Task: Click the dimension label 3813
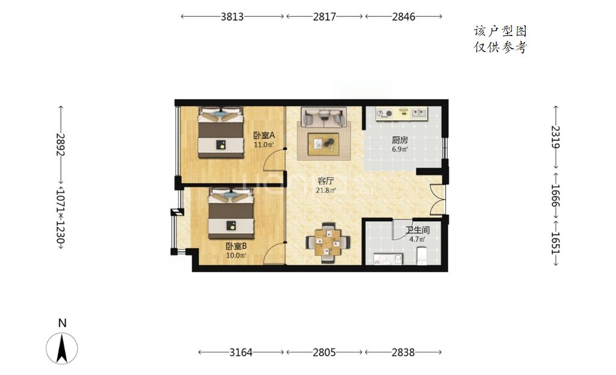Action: (x=232, y=16)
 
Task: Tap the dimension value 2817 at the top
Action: (x=324, y=16)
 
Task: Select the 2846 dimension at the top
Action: (x=404, y=16)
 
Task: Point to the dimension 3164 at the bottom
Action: (x=241, y=352)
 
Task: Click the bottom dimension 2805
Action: (x=324, y=352)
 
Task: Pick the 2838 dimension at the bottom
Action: (x=403, y=352)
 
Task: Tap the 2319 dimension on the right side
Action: (x=555, y=137)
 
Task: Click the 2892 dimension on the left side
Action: (x=60, y=145)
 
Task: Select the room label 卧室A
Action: (x=263, y=135)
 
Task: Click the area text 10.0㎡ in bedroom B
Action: (x=236, y=255)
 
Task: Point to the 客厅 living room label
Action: (x=325, y=181)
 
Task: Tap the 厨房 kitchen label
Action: (x=399, y=140)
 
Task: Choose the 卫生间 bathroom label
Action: (x=417, y=230)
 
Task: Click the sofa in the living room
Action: (x=324, y=117)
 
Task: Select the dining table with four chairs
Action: (x=328, y=243)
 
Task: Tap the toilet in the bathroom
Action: (x=422, y=255)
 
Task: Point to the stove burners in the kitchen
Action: (x=384, y=114)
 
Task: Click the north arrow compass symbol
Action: (x=62, y=347)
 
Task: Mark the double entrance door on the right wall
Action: (x=438, y=200)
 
